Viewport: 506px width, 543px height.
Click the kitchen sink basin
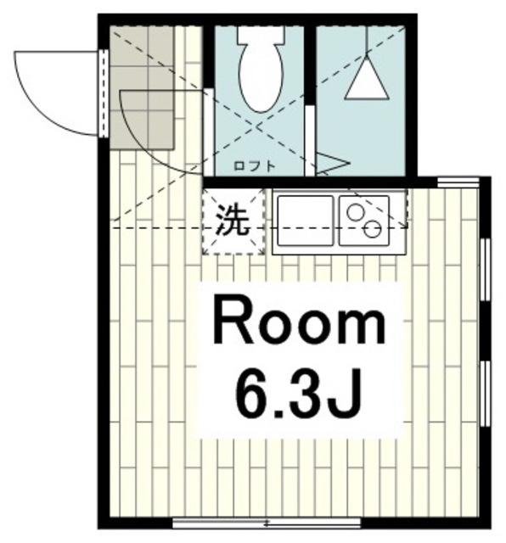click(304, 220)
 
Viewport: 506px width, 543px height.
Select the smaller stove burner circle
click(355, 211)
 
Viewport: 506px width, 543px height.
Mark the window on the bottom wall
click(267, 523)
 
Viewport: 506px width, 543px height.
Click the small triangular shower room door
click(332, 164)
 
